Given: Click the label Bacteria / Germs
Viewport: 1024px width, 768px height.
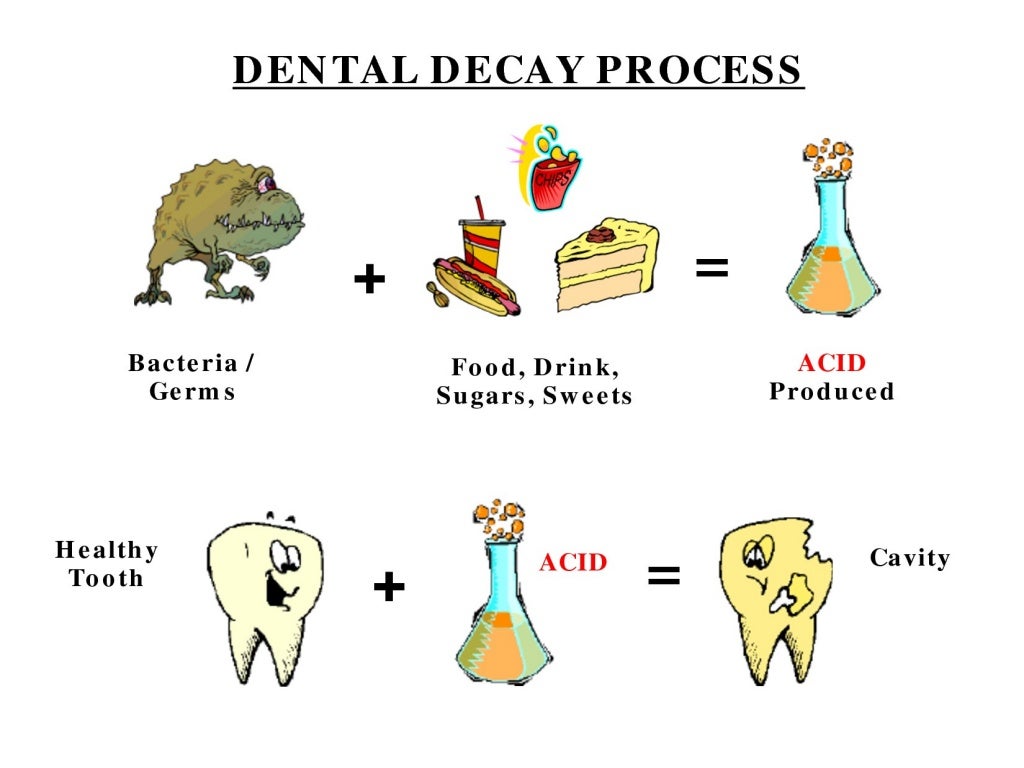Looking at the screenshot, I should click(x=191, y=377).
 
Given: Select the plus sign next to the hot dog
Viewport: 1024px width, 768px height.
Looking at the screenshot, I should click(x=369, y=280).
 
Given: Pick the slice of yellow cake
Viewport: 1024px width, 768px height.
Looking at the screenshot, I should click(x=605, y=265).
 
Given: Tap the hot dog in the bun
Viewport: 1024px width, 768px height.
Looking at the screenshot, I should click(x=475, y=286).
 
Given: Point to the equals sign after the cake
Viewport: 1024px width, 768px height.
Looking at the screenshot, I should click(x=712, y=268).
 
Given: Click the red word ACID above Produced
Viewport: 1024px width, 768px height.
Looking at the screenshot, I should click(x=831, y=363).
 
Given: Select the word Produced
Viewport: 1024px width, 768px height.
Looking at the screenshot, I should click(x=831, y=392).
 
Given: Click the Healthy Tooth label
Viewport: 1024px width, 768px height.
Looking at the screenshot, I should click(x=106, y=564).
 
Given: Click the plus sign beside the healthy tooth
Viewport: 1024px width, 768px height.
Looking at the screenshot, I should click(x=388, y=587).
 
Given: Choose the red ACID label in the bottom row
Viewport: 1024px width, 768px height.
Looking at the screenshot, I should click(x=573, y=562).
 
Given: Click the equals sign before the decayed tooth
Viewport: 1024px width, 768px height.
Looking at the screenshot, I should click(x=664, y=575).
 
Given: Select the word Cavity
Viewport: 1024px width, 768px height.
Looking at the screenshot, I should click(x=909, y=558).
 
